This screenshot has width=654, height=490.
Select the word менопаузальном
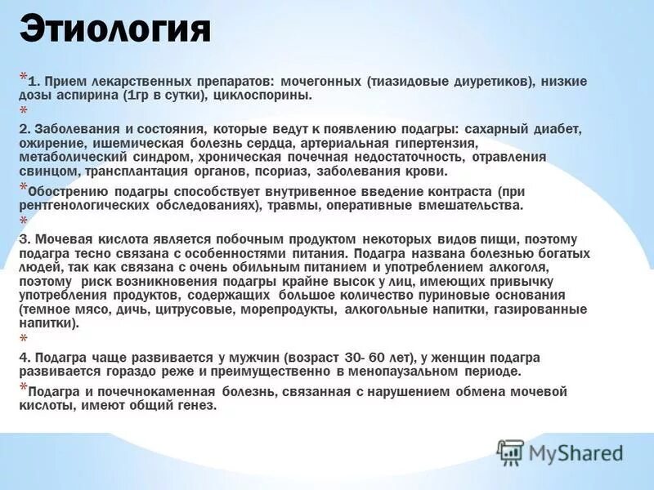(406, 372)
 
